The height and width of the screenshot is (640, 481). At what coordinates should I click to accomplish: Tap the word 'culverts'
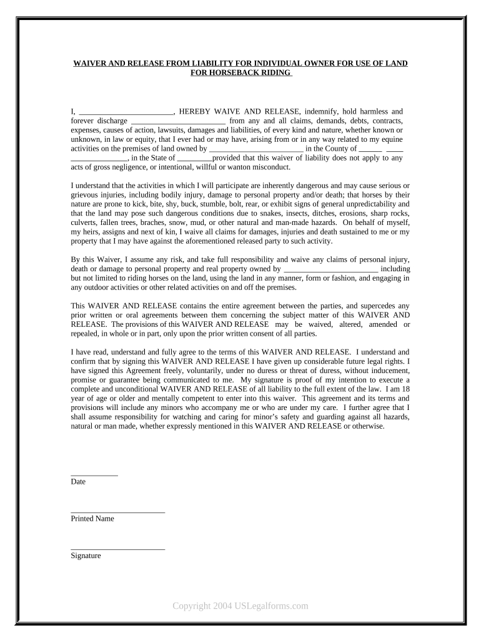coord(86,222)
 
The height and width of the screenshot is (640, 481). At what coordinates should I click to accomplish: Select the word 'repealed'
coord(87,334)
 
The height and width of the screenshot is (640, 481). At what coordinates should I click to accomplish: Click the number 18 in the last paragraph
coord(405,389)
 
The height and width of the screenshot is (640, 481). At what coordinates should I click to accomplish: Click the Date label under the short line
coord(78,482)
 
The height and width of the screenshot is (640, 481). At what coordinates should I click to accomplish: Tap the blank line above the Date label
coord(94,475)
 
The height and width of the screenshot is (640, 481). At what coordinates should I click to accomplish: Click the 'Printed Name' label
coord(92,519)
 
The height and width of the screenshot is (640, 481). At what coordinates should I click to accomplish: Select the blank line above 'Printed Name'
coord(117,512)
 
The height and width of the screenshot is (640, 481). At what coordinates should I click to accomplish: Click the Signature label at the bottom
coord(86,556)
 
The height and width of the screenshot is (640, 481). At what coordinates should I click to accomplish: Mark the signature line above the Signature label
coord(117,549)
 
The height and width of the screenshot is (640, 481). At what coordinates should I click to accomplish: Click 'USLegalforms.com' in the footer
coord(267,606)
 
